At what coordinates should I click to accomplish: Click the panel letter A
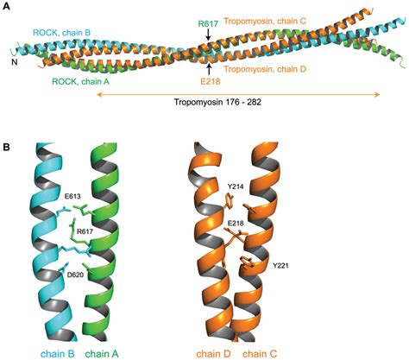[6, 6]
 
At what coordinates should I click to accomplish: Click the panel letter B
[6, 147]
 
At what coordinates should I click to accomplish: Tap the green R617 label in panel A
[208, 23]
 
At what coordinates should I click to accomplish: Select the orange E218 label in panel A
[211, 81]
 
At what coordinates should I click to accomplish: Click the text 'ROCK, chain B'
[62, 32]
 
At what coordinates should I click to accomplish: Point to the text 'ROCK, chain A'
[80, 82]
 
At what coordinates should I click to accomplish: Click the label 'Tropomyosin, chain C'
[265, 21]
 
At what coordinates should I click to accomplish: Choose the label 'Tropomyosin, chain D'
[265, 69]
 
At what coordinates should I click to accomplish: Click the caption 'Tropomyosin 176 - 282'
[217, 102]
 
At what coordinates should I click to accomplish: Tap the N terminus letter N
[15, 62]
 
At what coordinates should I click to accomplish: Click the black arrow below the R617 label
[209, 35]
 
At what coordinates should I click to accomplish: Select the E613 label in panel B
[72, 197]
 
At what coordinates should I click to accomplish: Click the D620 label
[75, 275]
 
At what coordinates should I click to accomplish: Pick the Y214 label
[236, 186]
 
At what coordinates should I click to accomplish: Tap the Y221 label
[280, 266]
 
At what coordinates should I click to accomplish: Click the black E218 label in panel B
[236, 223]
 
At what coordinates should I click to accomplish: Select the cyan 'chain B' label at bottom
[58, 354]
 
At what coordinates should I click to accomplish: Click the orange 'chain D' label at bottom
[214, 354]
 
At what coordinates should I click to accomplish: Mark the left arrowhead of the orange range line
[99, 94]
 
